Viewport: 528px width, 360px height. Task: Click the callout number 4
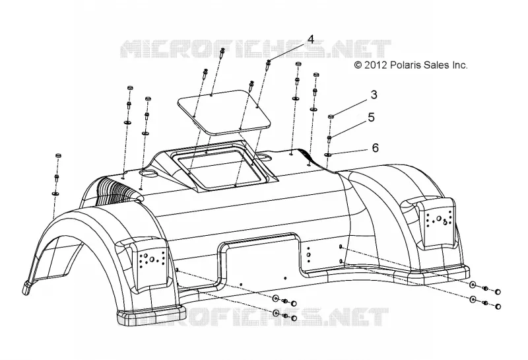point(310,40)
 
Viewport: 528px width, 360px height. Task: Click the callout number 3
point(374,94)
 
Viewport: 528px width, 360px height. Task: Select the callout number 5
point(371,118)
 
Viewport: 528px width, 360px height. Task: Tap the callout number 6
point(375,148)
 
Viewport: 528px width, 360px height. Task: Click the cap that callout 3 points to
point(331,116)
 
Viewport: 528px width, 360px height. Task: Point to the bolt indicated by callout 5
point(329,139)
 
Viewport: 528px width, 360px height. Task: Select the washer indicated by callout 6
point(327,155)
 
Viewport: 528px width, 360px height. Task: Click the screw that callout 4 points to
point(269,64)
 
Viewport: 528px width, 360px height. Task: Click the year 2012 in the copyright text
point(376,65)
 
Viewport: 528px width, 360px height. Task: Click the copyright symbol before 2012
point(358,65)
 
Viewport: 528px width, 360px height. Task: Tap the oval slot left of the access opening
point(150,172)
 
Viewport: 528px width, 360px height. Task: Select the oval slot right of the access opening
point(265,157)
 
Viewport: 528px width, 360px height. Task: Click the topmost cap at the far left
point(58,156)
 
